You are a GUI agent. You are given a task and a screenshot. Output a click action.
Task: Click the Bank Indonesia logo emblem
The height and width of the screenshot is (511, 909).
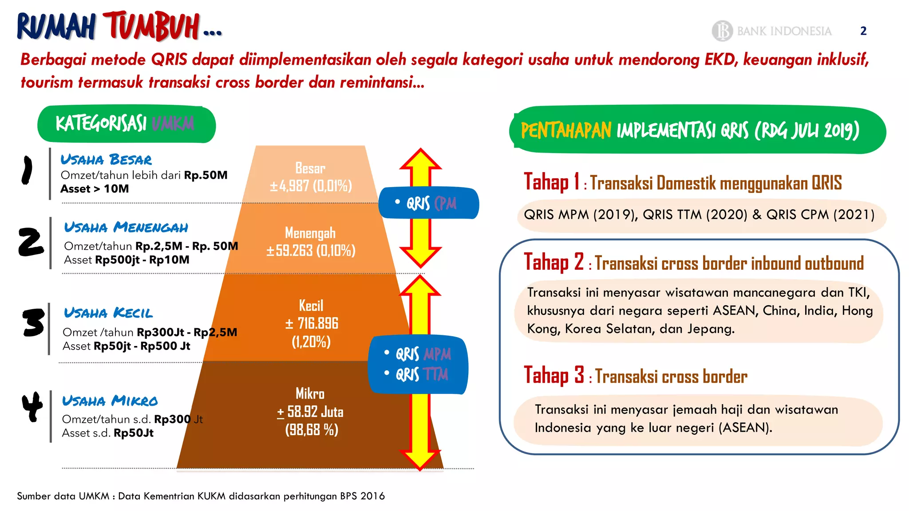(722, 31)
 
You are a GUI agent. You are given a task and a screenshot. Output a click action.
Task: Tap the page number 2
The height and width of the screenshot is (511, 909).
(863, 31)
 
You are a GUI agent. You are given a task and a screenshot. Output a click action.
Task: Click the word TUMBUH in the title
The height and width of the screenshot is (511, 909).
(151, 27)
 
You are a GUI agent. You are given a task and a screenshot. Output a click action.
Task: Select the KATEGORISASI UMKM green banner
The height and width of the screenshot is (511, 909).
(126, 124)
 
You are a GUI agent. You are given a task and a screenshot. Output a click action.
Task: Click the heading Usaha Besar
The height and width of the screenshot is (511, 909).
(106, 160)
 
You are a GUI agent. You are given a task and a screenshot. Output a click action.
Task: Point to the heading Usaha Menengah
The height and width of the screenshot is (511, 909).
(126, 228)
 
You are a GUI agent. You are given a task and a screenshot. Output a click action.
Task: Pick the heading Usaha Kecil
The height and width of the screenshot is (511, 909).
(108, 313)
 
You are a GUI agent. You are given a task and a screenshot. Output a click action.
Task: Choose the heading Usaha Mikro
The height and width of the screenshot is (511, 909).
(110, 401)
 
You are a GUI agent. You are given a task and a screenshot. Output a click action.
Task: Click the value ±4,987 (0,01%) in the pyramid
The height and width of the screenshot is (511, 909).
(311, 185)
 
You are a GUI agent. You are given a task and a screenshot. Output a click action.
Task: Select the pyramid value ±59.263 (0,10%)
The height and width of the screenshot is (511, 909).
(311, 251)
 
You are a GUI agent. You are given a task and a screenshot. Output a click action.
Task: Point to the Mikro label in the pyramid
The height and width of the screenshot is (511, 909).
(310, 393)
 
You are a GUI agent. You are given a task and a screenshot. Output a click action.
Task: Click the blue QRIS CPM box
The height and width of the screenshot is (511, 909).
(429, 203)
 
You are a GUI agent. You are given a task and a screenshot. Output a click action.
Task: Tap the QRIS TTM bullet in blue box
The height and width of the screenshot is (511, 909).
(422, 374)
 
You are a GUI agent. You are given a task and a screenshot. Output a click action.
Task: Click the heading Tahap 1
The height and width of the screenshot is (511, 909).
(552, 182)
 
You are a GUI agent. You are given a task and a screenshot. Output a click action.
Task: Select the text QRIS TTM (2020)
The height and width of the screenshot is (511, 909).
(695, 215)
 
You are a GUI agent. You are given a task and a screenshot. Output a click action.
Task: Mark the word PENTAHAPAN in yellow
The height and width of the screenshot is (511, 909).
(566, 131)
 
